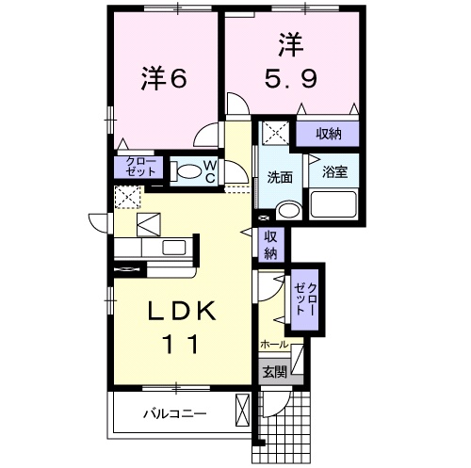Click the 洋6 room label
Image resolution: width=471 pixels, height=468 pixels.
(166, 80)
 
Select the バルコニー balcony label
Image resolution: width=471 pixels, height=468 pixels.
(175, 412)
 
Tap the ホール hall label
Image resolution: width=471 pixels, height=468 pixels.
(275, 346)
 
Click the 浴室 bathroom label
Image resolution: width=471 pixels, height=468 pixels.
(334, 172)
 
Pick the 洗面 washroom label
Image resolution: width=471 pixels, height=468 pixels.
(279, 176)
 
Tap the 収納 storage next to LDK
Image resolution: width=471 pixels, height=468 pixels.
(270, 245)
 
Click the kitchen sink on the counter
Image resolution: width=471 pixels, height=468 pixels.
(175, 247)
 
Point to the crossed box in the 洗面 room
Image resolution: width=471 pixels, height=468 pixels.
(275, 133)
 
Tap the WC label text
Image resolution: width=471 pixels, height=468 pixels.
(211, 170)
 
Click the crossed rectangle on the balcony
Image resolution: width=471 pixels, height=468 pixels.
(243, 412)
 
